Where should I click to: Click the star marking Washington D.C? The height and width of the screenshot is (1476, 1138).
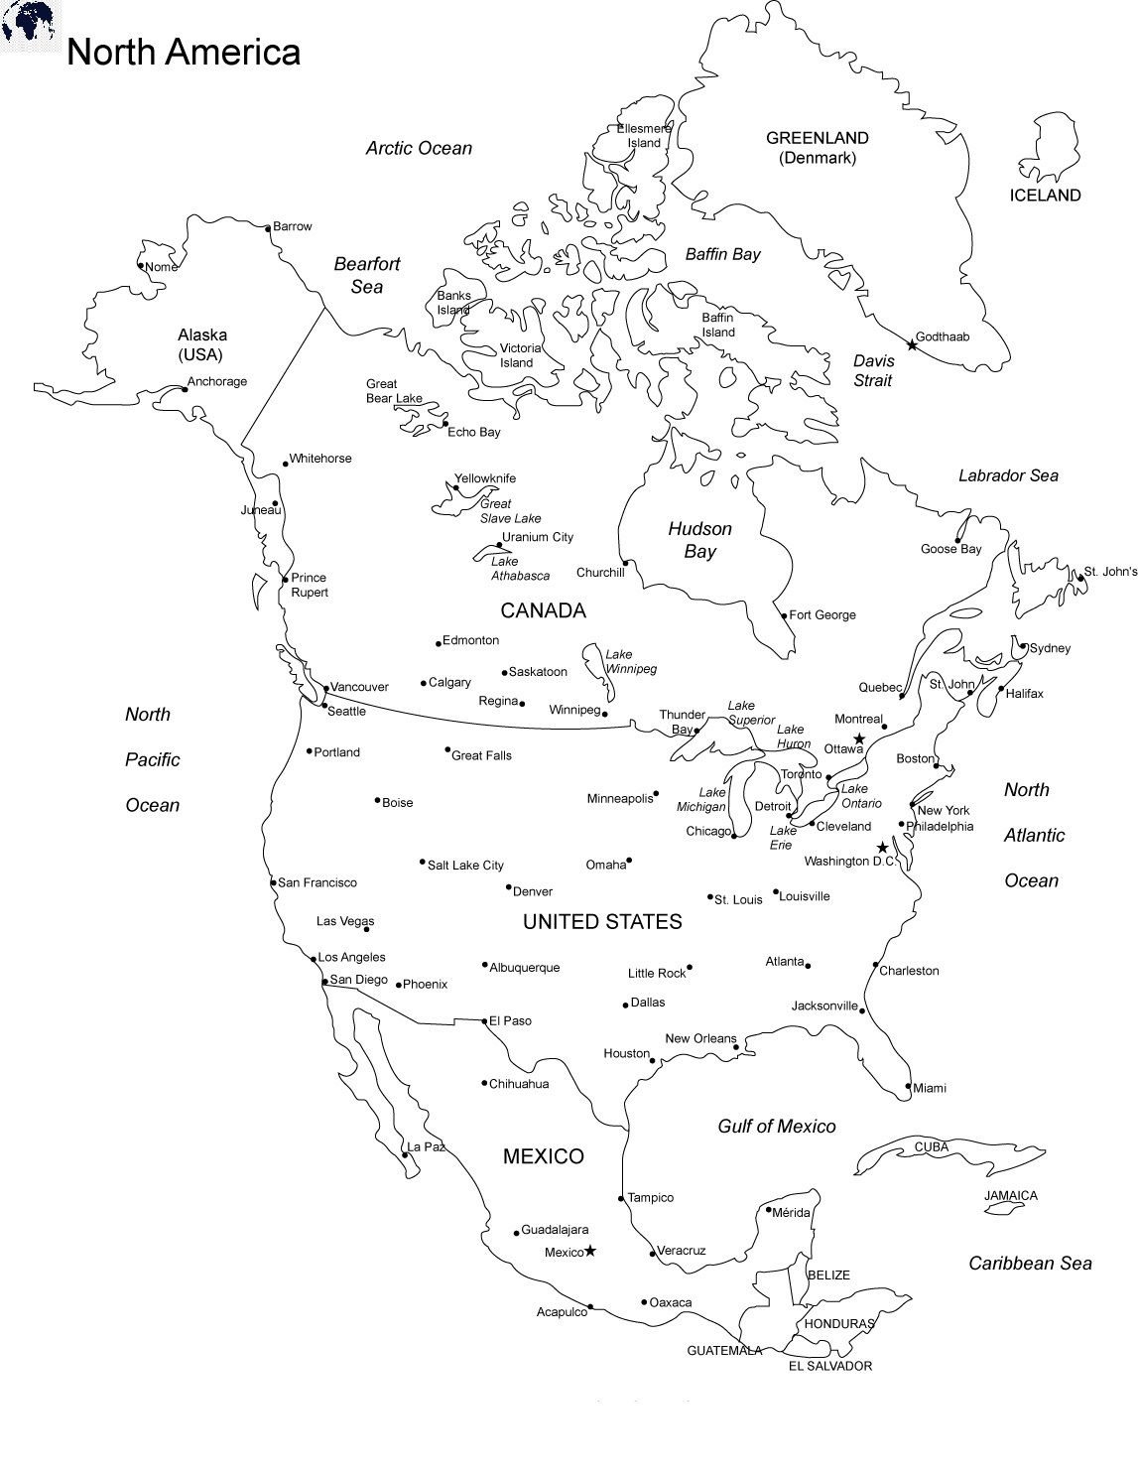click(x=882, y=848)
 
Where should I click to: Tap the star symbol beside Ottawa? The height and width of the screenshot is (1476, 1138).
click(x=859, y=738)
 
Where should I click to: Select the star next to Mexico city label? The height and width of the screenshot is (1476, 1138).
click(x=590, y=1251)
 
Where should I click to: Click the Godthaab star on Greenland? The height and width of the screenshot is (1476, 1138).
click(x=912, y=344)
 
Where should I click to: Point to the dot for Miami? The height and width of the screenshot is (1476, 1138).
click(x=908, y=1086)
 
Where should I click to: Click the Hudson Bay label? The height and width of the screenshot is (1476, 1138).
click(x=699, y=540)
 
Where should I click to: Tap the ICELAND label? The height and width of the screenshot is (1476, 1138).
click(x=1045, y=196)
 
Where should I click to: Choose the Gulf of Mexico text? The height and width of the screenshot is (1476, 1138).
click(x=777, y=1126)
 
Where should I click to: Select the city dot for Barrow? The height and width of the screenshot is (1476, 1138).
click(x=268, y=227)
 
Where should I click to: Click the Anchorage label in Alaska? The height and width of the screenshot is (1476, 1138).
click(x=217, y=381)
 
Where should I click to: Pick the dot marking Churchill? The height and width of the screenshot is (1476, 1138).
click(x=626, y=563)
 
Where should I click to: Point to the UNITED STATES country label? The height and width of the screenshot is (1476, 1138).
click(x=602, y=922)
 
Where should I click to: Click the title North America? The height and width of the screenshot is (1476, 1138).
click(x=184, y=52)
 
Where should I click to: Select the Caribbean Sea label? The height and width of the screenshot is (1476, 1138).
click(x=1030, y=1263)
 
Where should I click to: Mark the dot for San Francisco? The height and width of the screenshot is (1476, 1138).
click(x=274, y=882)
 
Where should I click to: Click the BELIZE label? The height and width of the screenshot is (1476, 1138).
click(x=828, y=1275)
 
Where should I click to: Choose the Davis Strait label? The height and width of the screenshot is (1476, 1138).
click(x=873, y=370)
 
